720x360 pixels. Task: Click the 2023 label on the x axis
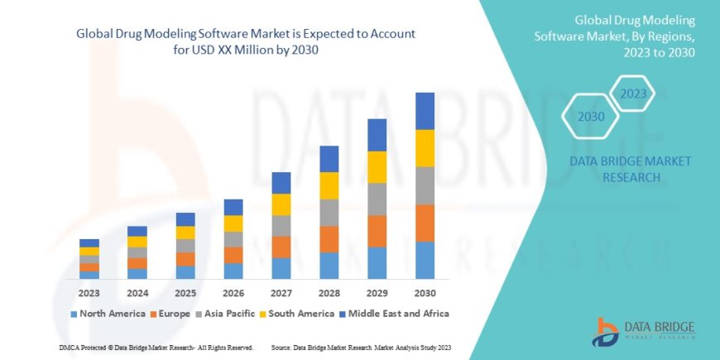coord(89,293)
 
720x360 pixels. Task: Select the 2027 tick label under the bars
coord(281,293)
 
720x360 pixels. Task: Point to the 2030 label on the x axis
coord(425,293)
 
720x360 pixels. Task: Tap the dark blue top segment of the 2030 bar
coord(425,111)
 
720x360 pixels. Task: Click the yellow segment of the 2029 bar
coord(377,167)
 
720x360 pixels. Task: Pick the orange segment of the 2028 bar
coord(329,239)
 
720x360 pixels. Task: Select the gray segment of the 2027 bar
coord(281,226)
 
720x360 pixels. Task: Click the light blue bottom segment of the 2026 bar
coord(233,271)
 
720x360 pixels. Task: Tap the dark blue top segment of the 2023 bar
coord(89,243)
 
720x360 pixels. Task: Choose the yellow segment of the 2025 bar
coord(185,233)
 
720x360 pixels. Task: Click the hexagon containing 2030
coord(591,117)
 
